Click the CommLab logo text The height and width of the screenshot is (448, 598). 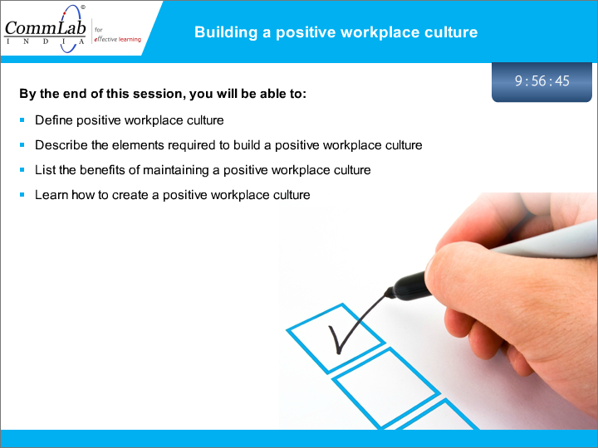coord(45,28)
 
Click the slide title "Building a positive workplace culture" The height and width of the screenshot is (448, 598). coord(336,32)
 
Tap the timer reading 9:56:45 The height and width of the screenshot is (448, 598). coord(542,80)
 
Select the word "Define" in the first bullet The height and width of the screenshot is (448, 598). coord(54,120)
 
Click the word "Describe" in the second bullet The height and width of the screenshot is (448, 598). coord(61,145)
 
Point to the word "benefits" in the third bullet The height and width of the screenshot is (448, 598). coord(102,170)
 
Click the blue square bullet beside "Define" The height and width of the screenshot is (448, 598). coord(22,120)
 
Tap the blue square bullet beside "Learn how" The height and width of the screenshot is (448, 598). coord(22,195)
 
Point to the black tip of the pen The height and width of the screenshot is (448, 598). coord(389,293)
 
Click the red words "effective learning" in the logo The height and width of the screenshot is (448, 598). coord(117,39)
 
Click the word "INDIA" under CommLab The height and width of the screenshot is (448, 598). coord(45,41)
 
